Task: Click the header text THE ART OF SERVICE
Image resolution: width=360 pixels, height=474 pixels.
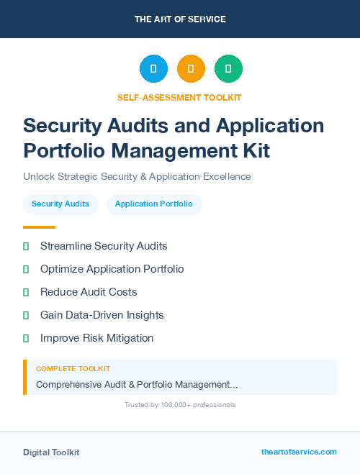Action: click(180, 19)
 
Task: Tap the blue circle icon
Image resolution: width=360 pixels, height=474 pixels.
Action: click(153, 69)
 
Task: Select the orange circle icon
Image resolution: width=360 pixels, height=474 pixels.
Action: click(191, 69)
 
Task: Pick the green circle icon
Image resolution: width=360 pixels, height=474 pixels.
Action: click(228, 69)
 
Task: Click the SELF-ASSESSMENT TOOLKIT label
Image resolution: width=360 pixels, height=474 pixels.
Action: click(179, 97)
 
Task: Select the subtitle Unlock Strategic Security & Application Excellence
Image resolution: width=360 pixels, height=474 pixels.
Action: click(137, 176)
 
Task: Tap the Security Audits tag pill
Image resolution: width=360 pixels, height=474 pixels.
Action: click(60, 204)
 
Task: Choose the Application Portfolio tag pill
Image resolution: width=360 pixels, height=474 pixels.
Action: click(154, 204)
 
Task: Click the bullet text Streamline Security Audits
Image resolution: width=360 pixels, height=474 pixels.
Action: click(104, 246)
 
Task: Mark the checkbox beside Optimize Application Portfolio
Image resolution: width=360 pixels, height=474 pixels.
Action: click(26, 269)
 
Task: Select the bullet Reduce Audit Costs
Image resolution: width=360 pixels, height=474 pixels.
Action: click(89, 292)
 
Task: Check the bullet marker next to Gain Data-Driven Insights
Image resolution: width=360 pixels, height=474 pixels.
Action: click(26, 315)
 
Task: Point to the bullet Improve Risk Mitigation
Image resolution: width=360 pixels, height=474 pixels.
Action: click(96, 338)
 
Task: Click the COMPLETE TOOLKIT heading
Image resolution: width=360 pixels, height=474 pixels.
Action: click(73, 369)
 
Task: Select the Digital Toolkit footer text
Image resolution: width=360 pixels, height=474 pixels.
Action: click(51, 452)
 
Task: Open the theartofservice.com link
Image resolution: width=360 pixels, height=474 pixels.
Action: click(299, 452)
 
